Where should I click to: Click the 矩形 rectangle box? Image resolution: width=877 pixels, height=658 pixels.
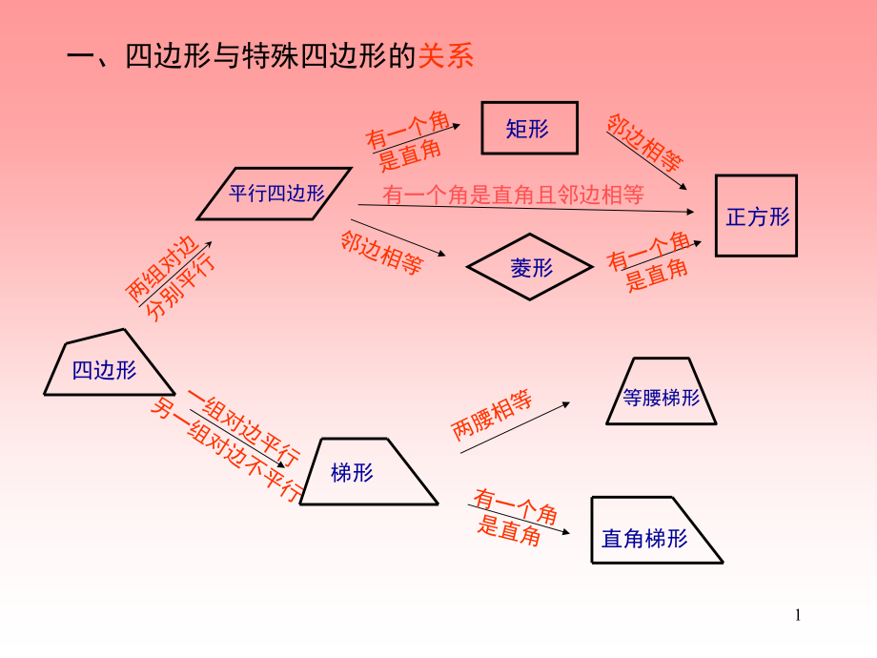(x=529, y=128)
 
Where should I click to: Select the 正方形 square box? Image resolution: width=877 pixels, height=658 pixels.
(x=756, y=216)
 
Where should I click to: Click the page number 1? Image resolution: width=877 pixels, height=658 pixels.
(x=799, y=615)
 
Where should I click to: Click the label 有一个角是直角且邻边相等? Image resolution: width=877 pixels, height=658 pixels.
(x=513, y=195)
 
